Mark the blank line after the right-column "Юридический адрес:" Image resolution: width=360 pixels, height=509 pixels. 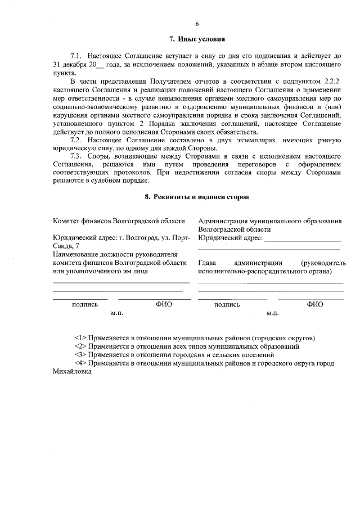click(303, 238)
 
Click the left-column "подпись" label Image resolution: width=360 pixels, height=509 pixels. click(85, 304)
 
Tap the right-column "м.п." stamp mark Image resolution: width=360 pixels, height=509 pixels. click(273, 313)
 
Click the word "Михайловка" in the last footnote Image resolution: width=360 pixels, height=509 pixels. click(71, 372)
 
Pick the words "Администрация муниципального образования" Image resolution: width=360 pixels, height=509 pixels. click(270, 221)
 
